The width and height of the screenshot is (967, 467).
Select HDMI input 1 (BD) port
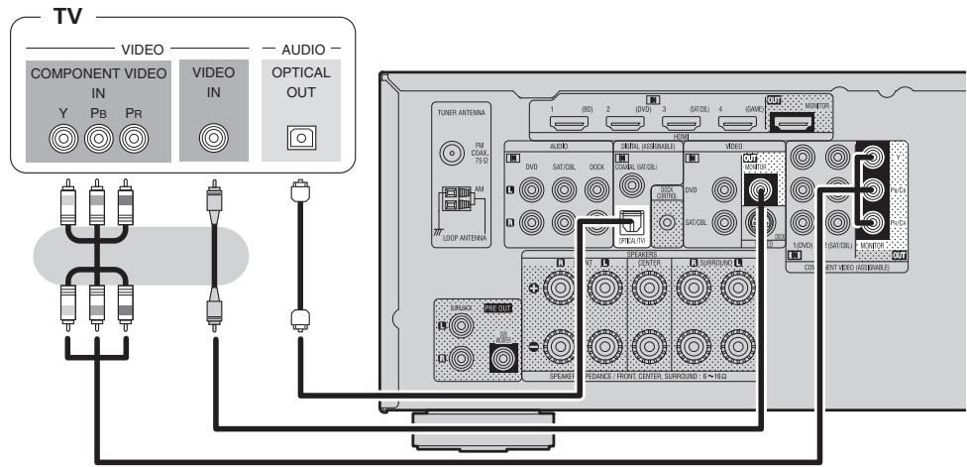pyautogui.click(x=569, y=124)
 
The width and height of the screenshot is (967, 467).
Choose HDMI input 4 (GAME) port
pyautogui.click(x=735, y=124)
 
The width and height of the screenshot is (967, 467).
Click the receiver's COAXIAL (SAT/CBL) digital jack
pyautogui.click(x=629, y=184)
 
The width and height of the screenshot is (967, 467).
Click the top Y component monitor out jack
pyautogui.click(x=873, y=156)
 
